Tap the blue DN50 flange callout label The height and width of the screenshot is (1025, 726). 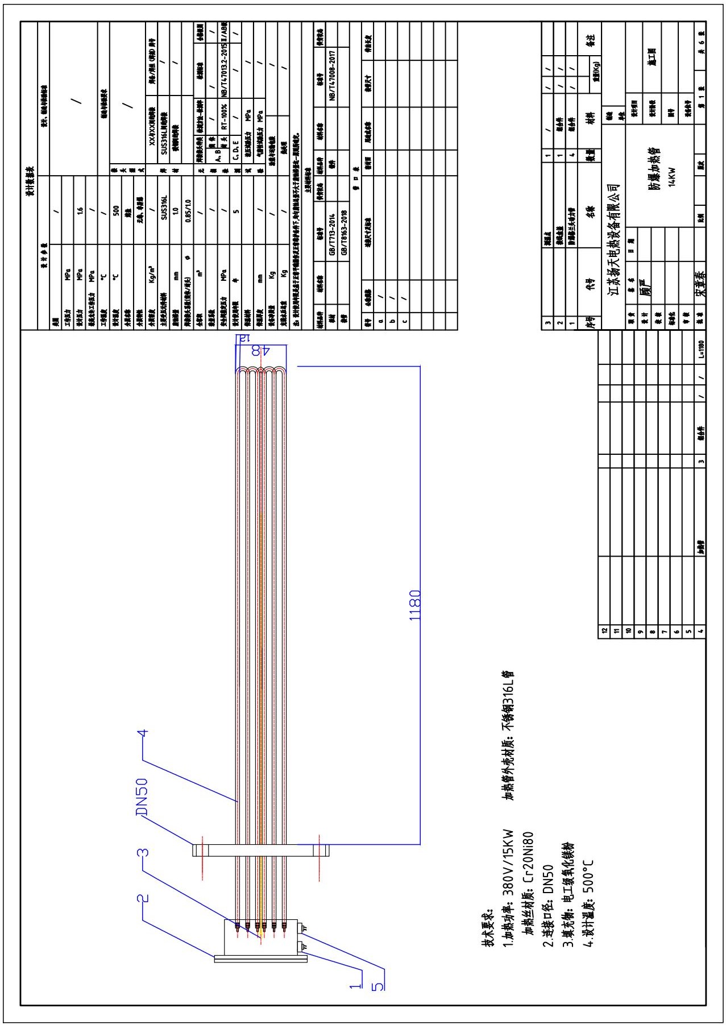point(142,798)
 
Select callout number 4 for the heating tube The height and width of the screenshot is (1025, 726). point(144,733)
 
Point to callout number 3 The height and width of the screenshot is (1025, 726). point(143,853)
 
